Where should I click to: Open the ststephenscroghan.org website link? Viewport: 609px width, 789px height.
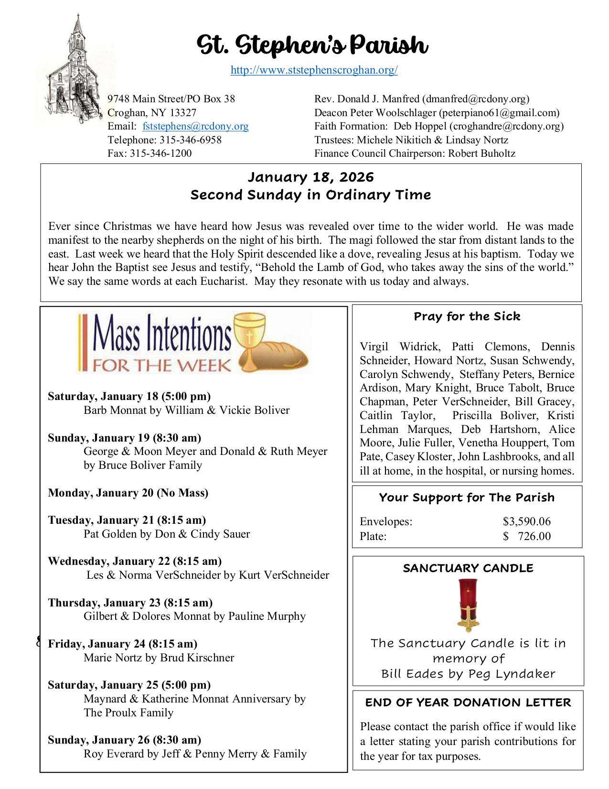(314, 70)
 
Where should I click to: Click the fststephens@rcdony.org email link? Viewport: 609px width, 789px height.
(195, 126)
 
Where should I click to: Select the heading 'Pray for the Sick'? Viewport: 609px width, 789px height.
(467, 316)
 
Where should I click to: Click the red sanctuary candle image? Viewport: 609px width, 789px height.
(468, 605)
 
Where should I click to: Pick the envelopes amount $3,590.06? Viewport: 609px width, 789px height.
(526, 521)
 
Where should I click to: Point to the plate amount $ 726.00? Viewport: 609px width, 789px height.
(526, 536)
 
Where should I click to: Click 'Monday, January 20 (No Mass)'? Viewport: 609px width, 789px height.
(128, 493)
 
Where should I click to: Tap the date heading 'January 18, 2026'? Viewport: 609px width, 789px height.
(311, 177)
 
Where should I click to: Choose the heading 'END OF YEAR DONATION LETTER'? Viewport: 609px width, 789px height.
(468, 703)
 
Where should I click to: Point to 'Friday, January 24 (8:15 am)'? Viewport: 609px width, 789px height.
(123, 644)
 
